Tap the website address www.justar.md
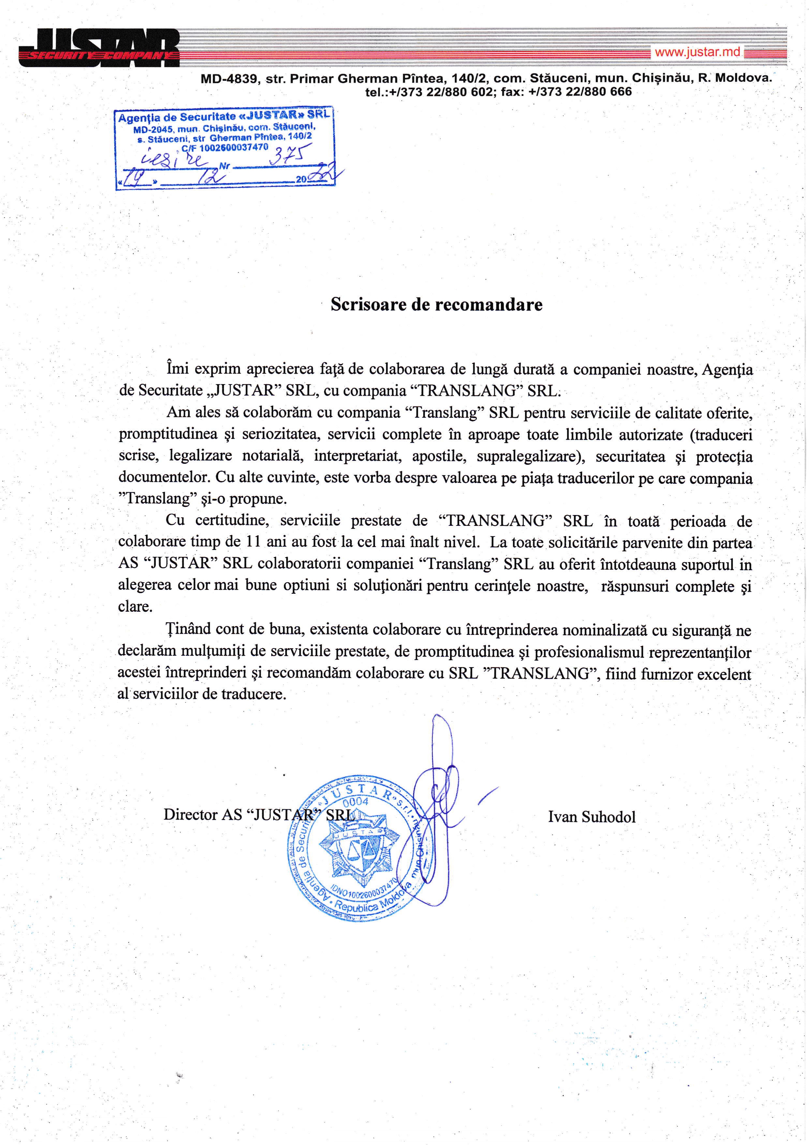tap(697, 52)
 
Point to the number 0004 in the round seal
tap(355, 802)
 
